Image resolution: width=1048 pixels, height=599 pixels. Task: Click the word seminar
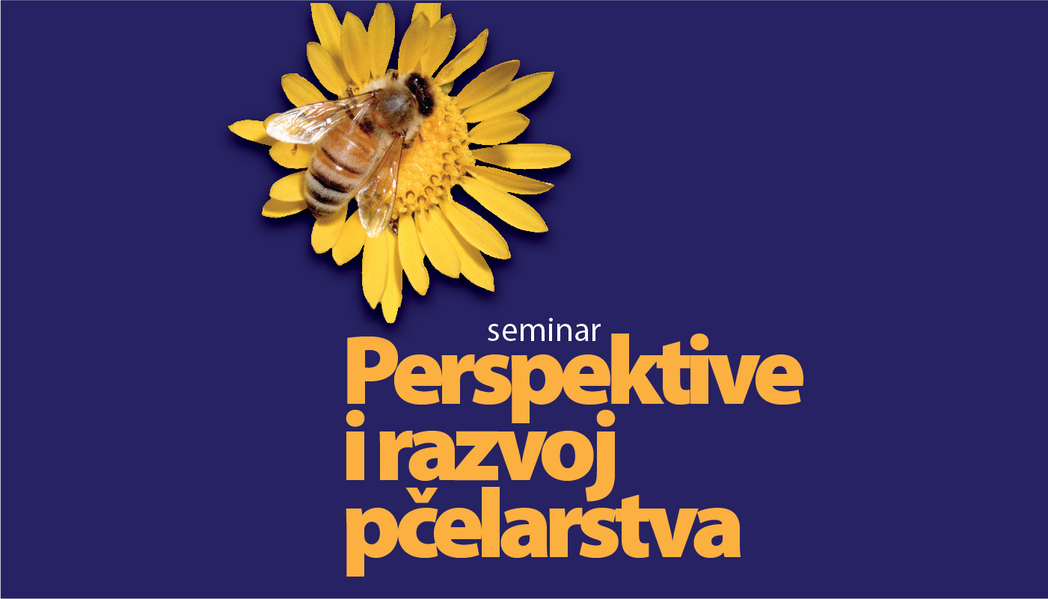(544, 331)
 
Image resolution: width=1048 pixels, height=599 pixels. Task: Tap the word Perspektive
(574, 378)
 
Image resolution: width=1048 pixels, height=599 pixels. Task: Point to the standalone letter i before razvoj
(355, 446)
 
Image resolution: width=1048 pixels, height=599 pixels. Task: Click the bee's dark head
(420, 93)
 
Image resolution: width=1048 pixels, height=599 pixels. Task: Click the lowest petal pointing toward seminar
(392, 280)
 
